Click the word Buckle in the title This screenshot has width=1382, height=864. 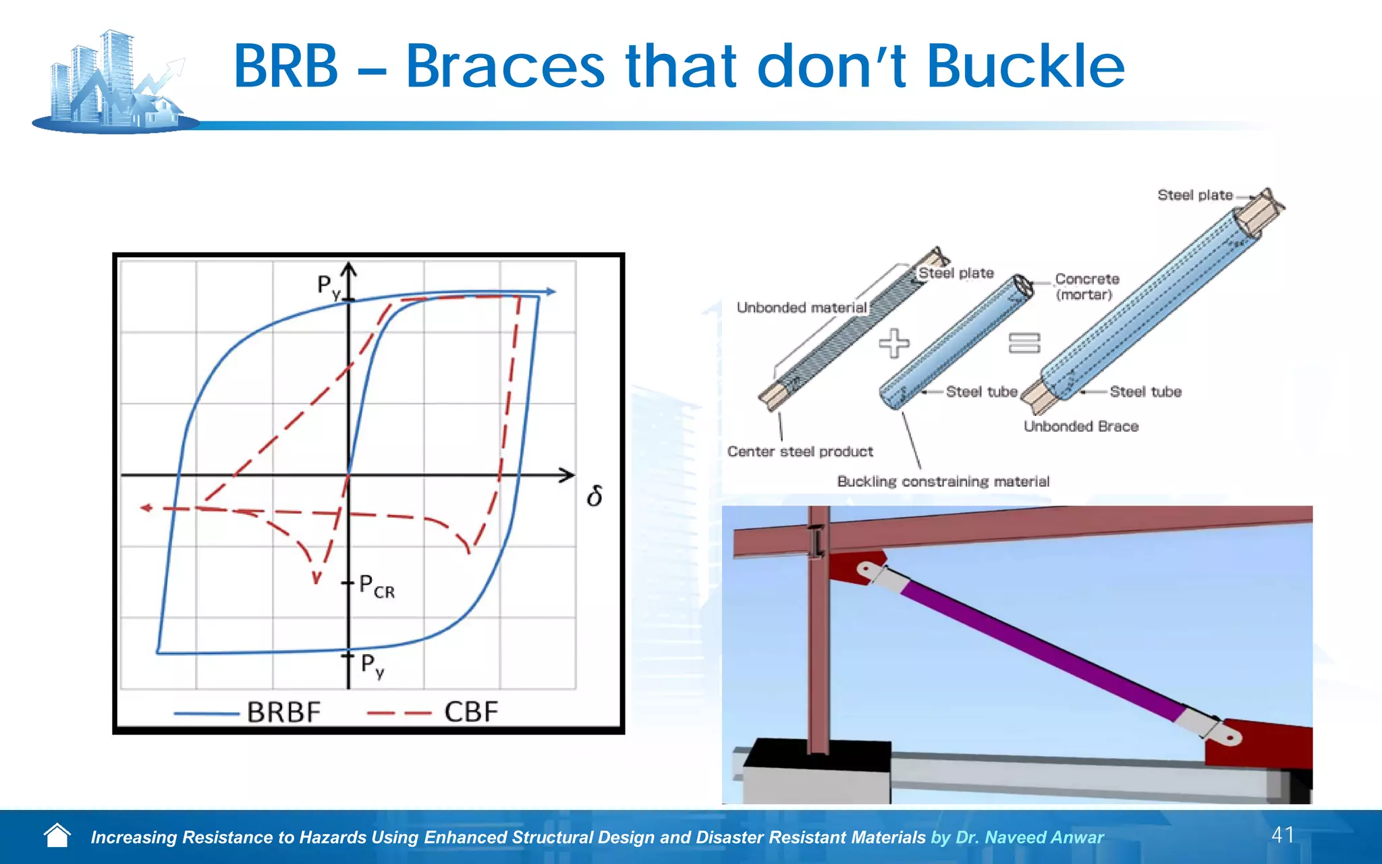[1026, 66]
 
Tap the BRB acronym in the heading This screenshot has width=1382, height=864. [285, 66]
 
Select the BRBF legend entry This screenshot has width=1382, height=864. [283, 712]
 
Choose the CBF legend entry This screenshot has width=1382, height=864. [470, 712]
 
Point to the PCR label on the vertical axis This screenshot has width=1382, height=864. [377, 586]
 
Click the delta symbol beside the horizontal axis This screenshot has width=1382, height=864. [595, 497]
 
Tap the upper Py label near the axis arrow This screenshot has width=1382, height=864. [329, 287]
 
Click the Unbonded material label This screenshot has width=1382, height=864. [801, 308]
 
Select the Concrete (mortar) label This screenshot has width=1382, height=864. [1086, 287]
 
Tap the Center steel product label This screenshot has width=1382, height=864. [800, 452]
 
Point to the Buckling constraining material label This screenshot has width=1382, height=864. [943, 481]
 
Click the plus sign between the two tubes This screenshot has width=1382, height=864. [894, 343]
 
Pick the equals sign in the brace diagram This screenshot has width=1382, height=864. [1024, 343]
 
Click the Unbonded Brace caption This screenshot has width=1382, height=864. [1080, 427]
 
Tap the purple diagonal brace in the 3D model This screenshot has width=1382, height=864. [1039, 648]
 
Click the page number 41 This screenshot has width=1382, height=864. [1282, 835]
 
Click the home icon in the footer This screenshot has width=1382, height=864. [57, 836]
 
